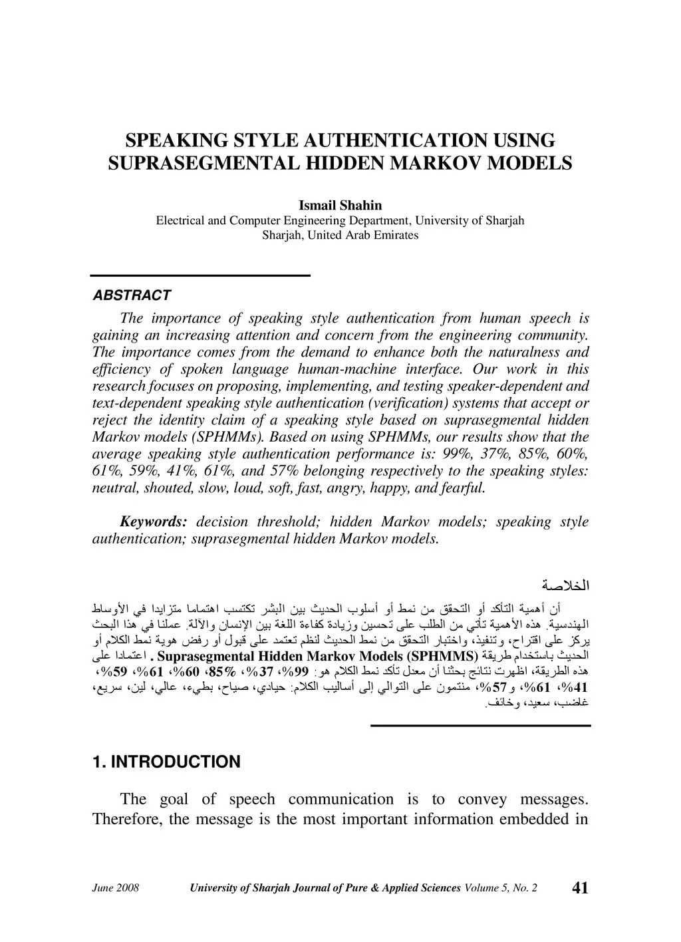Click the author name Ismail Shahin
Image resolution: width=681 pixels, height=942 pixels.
click(340, 206)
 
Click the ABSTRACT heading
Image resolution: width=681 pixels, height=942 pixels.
click(132, 295)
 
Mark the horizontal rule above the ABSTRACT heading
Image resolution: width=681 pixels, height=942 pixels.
click(201, 275)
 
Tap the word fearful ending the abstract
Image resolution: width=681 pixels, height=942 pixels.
click(464, 488)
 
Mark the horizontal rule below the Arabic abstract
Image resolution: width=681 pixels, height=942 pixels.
click(479, 724)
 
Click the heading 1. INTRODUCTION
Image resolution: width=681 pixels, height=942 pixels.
click(166, 762)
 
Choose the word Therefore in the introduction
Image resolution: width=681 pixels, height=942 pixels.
click(127, 819)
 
